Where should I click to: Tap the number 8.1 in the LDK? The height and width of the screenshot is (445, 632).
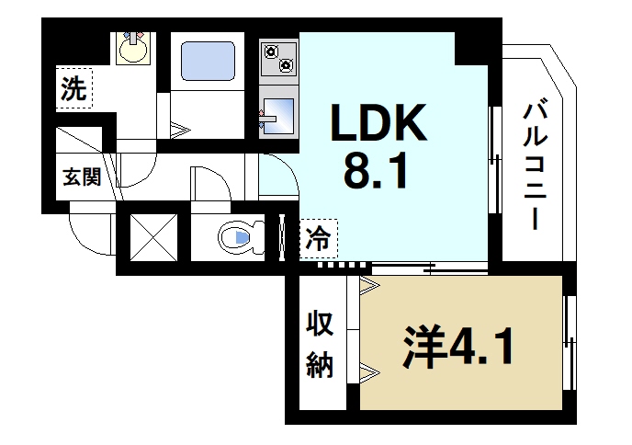click(374, 171)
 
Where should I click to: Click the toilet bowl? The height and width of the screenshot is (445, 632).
click(237, 239)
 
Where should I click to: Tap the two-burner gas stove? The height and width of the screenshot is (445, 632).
click(277, 58)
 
